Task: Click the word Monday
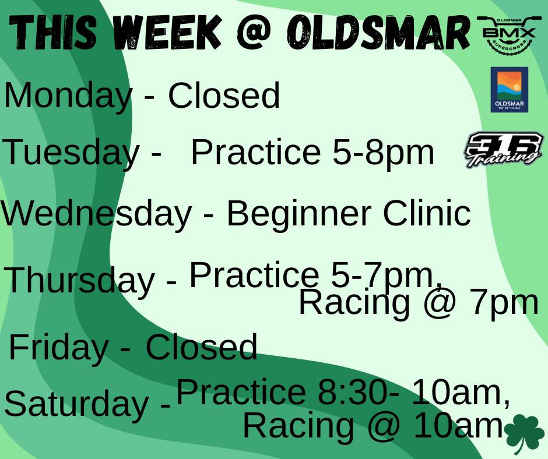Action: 68,96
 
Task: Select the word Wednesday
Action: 96,214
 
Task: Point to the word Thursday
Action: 80,280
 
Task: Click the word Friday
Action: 58,347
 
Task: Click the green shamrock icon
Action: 523,434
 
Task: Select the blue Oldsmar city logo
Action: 509,90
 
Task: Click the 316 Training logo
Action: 503,150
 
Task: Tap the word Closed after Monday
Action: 224,96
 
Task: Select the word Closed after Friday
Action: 201,347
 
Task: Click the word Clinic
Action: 426,214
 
